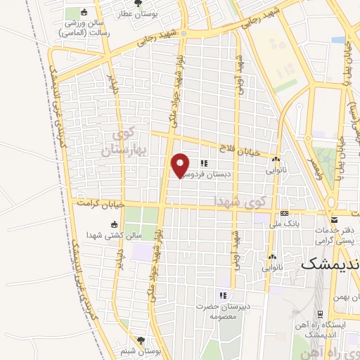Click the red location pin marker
(x=181, y=165)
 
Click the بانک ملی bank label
(x=284, y=226)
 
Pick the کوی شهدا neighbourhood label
(x=242, y=202)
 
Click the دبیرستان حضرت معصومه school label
(x=224, y=311)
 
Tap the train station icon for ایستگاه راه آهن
(x=320, y=314)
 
